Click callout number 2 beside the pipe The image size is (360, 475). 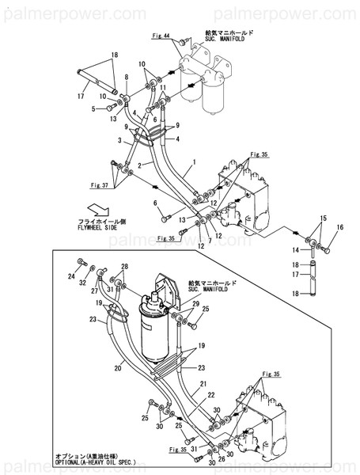(139, 166)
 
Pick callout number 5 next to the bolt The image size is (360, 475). (93, 108)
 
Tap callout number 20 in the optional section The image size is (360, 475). (117, 368)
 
